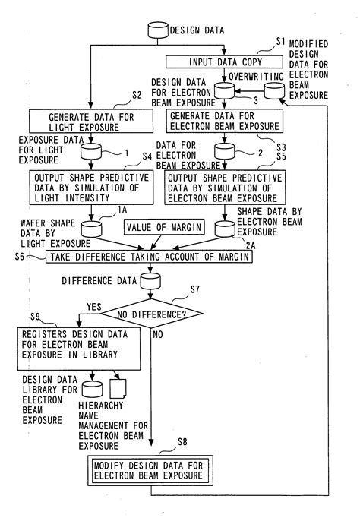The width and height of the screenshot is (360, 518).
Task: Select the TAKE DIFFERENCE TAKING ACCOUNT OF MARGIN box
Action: [x=149, y=257]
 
